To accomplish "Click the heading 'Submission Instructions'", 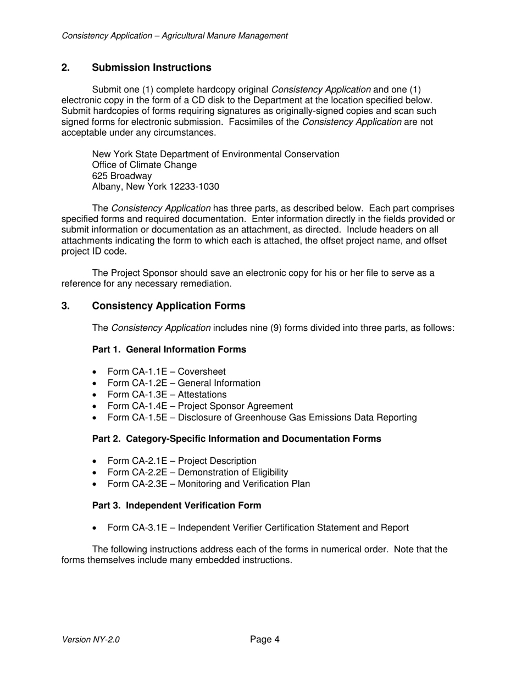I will point(151,68).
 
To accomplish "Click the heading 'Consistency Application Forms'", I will point(168,306).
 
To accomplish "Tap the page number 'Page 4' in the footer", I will point(265,639).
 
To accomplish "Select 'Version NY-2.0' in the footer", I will point(91,640).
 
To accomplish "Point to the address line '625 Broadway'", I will point(122,176).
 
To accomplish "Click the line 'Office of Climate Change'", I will point(145,165).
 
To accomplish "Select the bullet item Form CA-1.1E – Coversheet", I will point(166,372).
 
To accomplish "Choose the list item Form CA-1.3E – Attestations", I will point(166,395).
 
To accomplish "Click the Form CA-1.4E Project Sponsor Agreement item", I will point(200,406).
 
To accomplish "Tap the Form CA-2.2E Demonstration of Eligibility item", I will point(197,473).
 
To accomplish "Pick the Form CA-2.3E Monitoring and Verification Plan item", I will point(208,484).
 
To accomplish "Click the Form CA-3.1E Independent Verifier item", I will point(258,528).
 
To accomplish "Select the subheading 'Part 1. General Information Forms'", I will point(169,350).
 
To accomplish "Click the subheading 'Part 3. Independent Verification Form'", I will point(176,505).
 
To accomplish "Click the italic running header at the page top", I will point(175,36).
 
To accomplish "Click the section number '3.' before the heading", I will point(66,306).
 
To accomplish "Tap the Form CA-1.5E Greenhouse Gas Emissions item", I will point(262,418).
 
